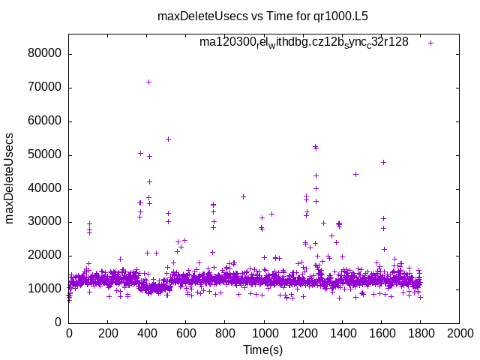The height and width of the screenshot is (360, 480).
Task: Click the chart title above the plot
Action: click(262, 15)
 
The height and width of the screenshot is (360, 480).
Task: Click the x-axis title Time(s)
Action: click(263, 349)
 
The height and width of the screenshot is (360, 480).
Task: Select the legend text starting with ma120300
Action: click(304, 42)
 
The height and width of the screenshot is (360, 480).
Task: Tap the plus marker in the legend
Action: click(430, 43)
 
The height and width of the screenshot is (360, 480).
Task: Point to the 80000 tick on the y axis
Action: click(45, 54)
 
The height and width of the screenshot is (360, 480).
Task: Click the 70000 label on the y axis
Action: click(45, 88)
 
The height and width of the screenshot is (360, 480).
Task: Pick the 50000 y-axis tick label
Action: click(45, 154)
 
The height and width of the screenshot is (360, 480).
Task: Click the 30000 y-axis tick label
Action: click(45, 221)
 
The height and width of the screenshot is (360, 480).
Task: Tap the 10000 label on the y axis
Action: click(45, 289)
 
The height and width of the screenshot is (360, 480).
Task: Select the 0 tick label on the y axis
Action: click(58, 322)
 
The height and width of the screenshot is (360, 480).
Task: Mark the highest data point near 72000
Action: click(148, 82)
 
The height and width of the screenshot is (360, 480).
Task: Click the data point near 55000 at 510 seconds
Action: click(168, 139)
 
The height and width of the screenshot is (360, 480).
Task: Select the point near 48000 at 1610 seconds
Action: click(383, 162)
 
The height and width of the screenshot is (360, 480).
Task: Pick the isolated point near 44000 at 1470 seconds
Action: click(355, 174)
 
